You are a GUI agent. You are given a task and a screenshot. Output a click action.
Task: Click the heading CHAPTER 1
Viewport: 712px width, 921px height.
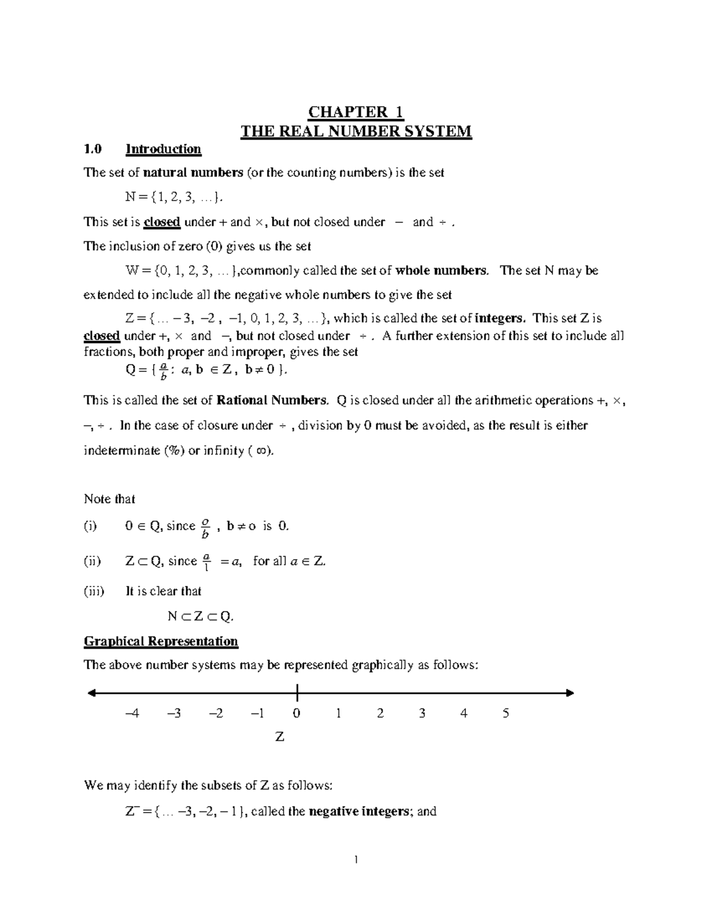[x=356, y=112]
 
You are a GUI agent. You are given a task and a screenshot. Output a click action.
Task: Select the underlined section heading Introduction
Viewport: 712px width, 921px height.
[x=163, y=149]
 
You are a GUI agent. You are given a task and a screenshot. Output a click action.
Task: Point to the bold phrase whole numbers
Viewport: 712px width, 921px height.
[x=441, y=270]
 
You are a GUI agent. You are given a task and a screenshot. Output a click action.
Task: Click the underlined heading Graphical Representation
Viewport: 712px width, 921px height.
[x=161, y=641]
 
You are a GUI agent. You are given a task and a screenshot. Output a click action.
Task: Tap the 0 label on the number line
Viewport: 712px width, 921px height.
[x=297, y=713]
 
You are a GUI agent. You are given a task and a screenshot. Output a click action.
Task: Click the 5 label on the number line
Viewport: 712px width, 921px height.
[x=506, y=713]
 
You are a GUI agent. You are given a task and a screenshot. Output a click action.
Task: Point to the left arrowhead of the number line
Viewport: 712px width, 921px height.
[x=92, y=693]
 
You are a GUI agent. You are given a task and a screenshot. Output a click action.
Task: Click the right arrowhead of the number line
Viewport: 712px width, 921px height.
[x=570, y=693]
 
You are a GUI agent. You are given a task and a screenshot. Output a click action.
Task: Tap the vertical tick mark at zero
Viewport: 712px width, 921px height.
[x=296, y=692]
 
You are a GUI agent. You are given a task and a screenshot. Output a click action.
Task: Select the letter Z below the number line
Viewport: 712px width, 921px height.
[x=279, y=737]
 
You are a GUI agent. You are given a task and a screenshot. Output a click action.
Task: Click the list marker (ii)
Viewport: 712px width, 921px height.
[x=93, y=561]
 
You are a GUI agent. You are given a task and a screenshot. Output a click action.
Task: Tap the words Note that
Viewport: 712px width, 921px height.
[x=110, y=499]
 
